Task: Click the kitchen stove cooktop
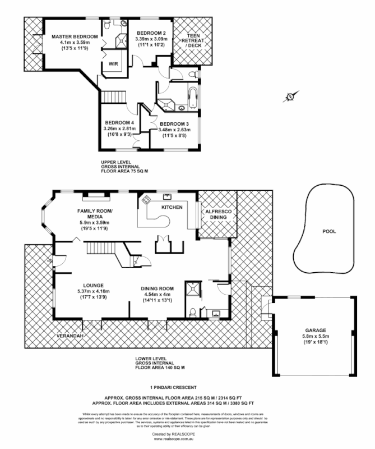click(x=147, y=199)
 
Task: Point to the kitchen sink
click(x=166, y=196)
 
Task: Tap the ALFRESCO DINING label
click(x=216, y=214)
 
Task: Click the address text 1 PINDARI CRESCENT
click(x=173, y=387)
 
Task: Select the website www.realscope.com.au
click(x=173, y=439)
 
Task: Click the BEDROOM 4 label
click(x=119, y=122)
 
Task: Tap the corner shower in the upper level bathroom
click(x=167, y=103)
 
